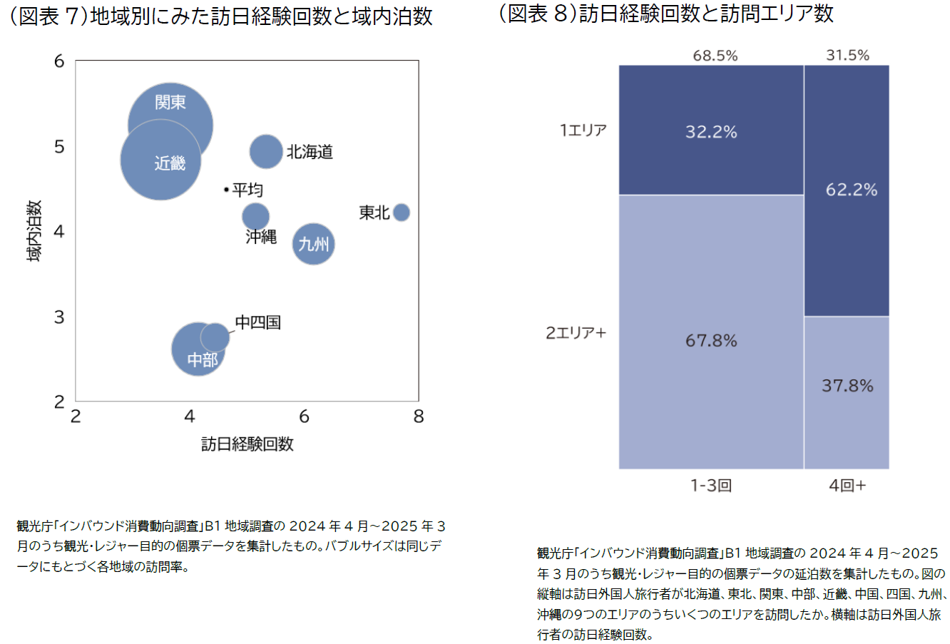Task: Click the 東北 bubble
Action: (402, 212)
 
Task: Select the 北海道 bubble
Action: (266, 151)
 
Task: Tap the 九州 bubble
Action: (314, 244)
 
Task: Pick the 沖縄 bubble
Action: (255, 216)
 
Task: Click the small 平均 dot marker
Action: (226, 190)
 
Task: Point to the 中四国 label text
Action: (258, 322)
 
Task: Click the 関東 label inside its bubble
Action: (170, 103)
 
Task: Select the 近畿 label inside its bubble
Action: (170, 163)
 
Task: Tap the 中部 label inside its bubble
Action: (203, 360)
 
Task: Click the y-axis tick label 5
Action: (59, 147)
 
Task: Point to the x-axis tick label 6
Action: (305, 416)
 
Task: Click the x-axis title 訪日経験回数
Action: (247, 444)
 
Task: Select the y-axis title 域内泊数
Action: (34, 230)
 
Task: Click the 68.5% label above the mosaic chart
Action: (715, 56)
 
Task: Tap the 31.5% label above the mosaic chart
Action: (848, 56)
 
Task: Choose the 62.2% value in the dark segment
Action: (852, 190)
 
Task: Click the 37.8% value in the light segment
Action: (847, 386)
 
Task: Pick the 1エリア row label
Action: (583, 130)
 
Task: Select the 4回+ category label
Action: (847, 486)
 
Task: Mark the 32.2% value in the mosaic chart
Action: (711, 132)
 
